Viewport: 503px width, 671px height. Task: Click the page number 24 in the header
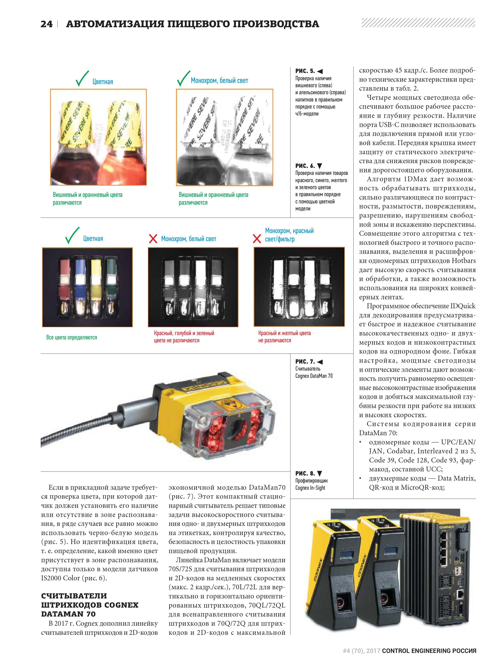[x=46, y=24]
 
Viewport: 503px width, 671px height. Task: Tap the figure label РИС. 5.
[x=305, y=71]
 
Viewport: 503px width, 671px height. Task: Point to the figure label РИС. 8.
[x=305, y=473]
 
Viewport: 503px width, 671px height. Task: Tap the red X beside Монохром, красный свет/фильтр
[x=257, y=239]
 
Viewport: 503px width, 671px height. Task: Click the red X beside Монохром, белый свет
[x=153, y=239]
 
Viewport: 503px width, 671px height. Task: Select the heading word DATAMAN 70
[x=68, y=614]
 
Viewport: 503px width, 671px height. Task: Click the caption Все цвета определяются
[x=72, y=337]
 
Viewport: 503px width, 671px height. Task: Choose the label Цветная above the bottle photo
[x=103, y=82]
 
